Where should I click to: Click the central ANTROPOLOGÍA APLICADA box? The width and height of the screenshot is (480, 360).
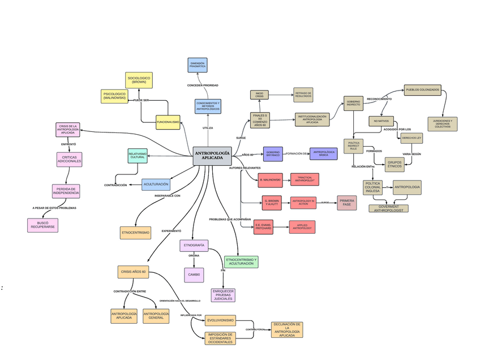coord(212,156)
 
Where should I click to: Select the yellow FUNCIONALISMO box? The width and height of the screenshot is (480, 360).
coord(168,122)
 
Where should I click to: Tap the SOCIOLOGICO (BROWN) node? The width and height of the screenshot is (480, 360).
coord(139,80)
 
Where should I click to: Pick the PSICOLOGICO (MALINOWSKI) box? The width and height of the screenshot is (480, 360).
coord(115,96)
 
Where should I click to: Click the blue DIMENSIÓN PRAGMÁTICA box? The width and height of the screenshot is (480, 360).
coord(198,65)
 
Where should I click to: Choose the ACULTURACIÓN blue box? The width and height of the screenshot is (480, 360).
coord(156,184)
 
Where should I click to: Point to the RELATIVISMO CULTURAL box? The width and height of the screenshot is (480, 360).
coord(138,155)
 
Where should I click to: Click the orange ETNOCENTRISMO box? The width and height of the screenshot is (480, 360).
coord(135,233)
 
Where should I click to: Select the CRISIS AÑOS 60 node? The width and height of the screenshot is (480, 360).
coord(133,272)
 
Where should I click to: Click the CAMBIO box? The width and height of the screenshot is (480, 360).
coord(194,275)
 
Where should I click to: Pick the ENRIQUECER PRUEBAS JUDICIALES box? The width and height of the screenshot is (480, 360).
coord(223,294)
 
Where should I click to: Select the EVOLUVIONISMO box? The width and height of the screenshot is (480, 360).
coord(220,320)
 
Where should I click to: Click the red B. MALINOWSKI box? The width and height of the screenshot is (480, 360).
coord(270,181)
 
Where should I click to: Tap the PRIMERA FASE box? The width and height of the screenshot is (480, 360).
coord(347,202)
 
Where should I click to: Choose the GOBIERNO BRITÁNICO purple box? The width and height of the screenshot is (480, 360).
coord(273,153)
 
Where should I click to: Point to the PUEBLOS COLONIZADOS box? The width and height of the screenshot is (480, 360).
coord(422,89)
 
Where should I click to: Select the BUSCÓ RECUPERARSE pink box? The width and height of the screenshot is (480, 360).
coord(42,225)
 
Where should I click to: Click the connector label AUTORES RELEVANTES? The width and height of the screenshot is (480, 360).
coord(245,168)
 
